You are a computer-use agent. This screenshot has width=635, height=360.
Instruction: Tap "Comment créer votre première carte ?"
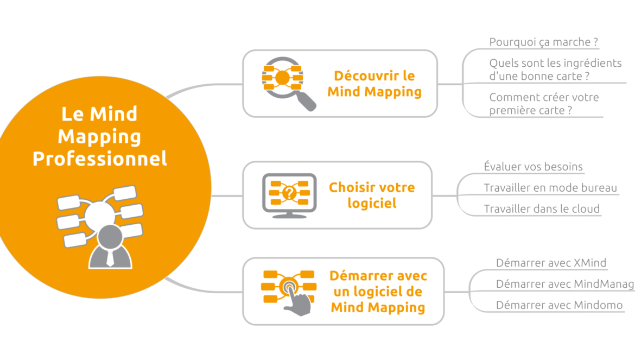[x=544, y=104]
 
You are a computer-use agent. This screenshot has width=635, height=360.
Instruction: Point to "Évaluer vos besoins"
[x=534, y=167]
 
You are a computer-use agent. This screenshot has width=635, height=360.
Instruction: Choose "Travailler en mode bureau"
[x=550, y=188]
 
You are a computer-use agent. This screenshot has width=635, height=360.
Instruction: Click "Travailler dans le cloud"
[x=542, y=209]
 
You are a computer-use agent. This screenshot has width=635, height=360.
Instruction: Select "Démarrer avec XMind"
[x=551, y=263]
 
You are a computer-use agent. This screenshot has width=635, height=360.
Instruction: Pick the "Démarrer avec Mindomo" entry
[x=559, y=305]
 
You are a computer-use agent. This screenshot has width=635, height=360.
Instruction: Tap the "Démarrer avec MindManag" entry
[x=564, y=284]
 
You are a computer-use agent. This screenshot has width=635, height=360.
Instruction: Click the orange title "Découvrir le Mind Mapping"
[x=374, y=84]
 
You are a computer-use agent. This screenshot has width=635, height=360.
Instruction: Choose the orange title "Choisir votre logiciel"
[x=371, y=195]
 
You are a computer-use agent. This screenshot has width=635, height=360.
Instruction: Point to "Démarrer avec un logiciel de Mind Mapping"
[x=378, y=292]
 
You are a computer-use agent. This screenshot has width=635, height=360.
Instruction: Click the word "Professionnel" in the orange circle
[x=100, y=159]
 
